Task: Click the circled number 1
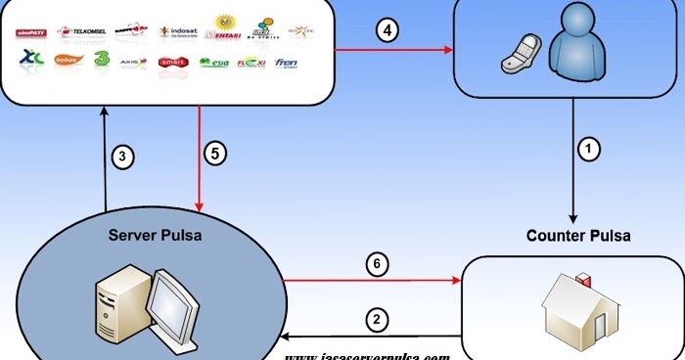[x=587, y=150]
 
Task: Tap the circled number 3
[x=120, y=156]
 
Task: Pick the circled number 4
[x=388, y=30]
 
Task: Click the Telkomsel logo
[x=82, y=31]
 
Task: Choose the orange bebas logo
[x=67, y=61]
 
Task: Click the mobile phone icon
[x=519, y=56]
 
